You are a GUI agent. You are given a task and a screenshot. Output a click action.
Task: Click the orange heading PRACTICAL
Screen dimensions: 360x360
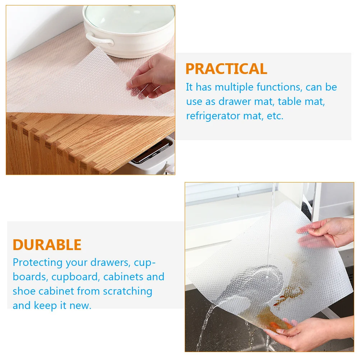(226, 69)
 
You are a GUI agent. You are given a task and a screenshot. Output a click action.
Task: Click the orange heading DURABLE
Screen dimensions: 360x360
(47, 245)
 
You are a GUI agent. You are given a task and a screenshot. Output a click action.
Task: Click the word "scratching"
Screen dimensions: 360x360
(128, 291)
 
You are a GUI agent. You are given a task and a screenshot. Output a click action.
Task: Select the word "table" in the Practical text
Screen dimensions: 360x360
(290, 102)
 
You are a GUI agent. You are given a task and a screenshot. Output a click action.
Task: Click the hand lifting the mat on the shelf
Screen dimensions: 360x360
(151, 77)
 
